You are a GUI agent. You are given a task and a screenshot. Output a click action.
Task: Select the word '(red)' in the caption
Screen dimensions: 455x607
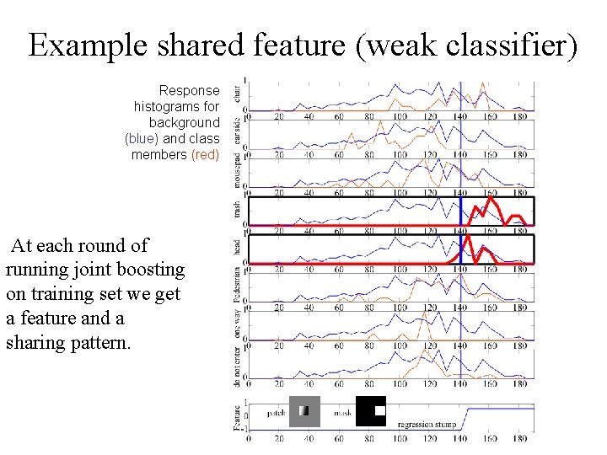(x=205, y=155)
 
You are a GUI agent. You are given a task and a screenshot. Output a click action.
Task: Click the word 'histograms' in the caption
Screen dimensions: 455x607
(x=164, y=107)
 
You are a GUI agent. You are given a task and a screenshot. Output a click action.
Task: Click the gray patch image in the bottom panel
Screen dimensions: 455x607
(x=304, y=411)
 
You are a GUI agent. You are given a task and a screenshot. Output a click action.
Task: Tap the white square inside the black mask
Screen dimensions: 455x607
(x=379, y=410)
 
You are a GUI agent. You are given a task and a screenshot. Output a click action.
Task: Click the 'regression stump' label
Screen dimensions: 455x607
(x=427, y=425)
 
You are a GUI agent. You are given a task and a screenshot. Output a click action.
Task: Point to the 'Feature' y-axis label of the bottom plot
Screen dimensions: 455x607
(x=238, y=415)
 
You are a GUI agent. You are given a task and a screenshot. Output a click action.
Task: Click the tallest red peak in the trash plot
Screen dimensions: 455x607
(x=490, y=201)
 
